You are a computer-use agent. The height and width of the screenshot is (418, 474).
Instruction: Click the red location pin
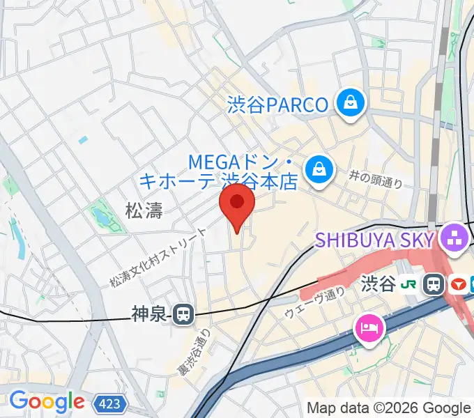click(x=237, y=203)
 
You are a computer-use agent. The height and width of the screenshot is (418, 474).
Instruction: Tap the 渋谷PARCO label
click(x=277, y=105)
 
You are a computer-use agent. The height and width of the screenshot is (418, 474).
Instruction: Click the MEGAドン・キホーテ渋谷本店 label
click(x=219, y=172)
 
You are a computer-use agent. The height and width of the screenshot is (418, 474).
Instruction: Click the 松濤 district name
click(x=144, y=211)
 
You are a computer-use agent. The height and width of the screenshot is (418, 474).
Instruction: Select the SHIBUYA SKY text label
click(x=375, y=240)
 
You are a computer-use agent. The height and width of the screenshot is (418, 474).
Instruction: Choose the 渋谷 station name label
click(x=379, y=284)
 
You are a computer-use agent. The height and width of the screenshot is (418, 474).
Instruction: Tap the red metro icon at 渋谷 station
click(x=459, y=284)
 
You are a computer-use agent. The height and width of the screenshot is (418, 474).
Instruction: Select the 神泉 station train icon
click(x=183, y=315)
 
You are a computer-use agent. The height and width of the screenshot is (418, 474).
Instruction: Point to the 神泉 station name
click(x=149, y=315)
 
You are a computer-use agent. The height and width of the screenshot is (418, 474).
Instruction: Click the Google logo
click(x=46, y=401)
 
